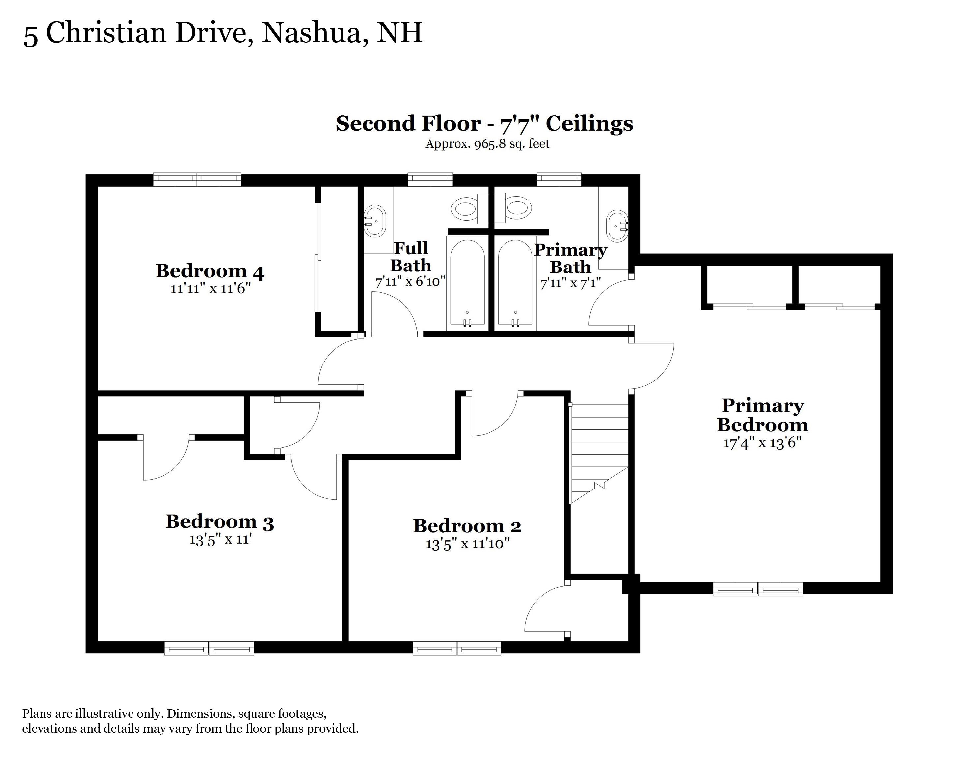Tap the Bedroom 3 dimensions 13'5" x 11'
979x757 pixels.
click(x=219, y=540)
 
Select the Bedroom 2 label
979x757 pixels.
click(x=467, y=526)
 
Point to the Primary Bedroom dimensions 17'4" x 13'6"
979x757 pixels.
click(x=762, y=443)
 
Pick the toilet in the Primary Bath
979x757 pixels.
click(x=513, y=208)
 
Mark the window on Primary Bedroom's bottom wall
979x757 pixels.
click(x=757, y=589)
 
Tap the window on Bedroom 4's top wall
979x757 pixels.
click(x=197, y=180)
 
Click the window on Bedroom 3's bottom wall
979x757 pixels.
click(x=209, y=648)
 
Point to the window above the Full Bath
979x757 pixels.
click(x=430, y=180)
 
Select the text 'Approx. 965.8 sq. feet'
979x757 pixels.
click(x=487, y=144)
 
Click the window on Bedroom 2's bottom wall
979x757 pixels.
click(x=457, y=648)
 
